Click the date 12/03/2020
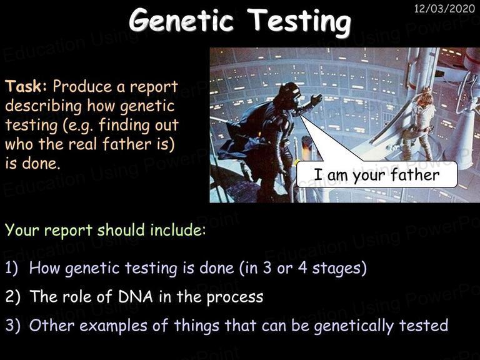(444, 8)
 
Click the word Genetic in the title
(181, 21)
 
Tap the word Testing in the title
(299, 22)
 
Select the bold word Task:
(26, 86)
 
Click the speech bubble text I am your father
(377, 175)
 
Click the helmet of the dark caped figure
(289, 91)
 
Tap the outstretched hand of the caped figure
(316, 100)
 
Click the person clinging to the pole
(419, 122)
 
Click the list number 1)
(12, 268)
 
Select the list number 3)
(12, 326)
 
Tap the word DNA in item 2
(135, 296)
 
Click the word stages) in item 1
(339, 269)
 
